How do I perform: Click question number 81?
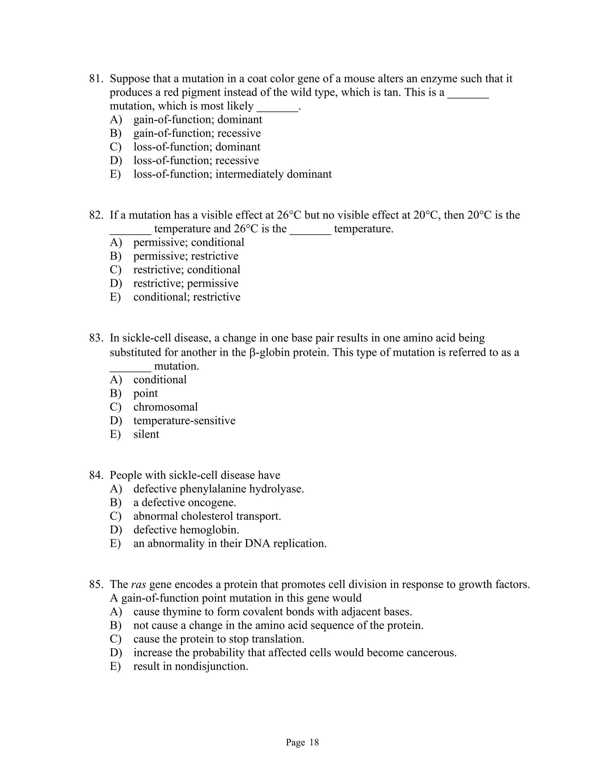click(x=96, y=79)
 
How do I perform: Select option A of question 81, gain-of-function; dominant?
click(x=198, y=119)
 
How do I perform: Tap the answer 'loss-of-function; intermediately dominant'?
click(x=232, y=174)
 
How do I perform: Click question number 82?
click(x=96, y=215)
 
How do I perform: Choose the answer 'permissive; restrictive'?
click(x=186, y=256)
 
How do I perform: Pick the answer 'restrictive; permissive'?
click(x=186, y=283)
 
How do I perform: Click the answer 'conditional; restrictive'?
click(x=187, y=297)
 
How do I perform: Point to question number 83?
click(x=96, y=338)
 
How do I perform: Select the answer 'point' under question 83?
click(x=146, y=393)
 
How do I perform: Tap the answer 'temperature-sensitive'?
click(x=184, y=420)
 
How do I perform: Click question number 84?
click(x=96, y=475)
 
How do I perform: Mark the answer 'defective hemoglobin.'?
click(x=186, y=530)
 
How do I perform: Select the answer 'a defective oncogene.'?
click(x=185, y=503)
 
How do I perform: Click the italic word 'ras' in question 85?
click(x=138, y=585)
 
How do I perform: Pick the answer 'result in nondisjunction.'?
click(x=191, y=667)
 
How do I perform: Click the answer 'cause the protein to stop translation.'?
click(x=219, y=639)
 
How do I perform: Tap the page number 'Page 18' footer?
click(x=302, y=743)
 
